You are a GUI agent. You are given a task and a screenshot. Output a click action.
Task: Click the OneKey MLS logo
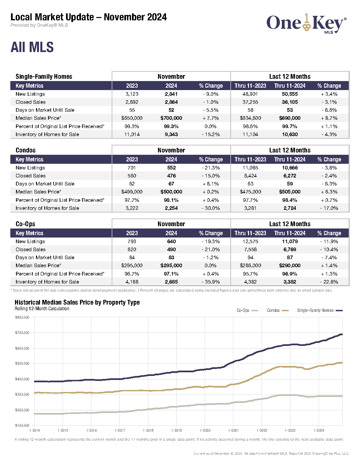tap(306, 24)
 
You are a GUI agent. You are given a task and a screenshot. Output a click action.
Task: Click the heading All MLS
tap(32, 47)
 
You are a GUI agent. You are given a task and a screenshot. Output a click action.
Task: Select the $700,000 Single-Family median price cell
tap(171, 118)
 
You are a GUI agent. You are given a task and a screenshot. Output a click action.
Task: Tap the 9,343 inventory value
tap(171, 134)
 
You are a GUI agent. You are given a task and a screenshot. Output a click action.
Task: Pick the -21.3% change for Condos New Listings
tap(211, 168)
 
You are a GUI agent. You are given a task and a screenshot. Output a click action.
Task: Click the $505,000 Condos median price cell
tap(290, 192)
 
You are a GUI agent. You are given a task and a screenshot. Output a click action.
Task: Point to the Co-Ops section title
tap(25, 224)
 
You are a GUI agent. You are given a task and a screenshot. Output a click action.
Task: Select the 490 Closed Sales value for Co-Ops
tap(171, 250)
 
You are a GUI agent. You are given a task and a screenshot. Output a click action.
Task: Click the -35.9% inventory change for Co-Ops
tap(211, 282)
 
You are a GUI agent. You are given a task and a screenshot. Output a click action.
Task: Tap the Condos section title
tap(25, 150)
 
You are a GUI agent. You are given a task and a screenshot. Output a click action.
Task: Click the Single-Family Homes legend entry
tap(320, 310)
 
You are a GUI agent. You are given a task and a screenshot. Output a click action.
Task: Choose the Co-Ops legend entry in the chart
tap(247, 310)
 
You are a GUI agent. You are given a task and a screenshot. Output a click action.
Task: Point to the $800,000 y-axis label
tap(22, 317)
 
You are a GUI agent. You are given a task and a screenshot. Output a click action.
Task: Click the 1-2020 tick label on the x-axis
tap(205, 430)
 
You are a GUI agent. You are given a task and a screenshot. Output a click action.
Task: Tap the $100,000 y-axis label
tap(22, 425)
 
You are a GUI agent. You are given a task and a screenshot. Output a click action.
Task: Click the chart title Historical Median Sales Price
tap(77, 302)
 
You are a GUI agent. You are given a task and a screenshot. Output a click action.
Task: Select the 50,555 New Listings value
tap(290, 94)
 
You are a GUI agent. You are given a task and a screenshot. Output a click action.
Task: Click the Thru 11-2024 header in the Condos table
tap(290, 159)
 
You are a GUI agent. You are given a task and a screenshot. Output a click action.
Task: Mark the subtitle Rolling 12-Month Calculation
tap(42, 309)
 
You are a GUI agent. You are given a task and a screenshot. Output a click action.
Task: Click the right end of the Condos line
tap(342, 363)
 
